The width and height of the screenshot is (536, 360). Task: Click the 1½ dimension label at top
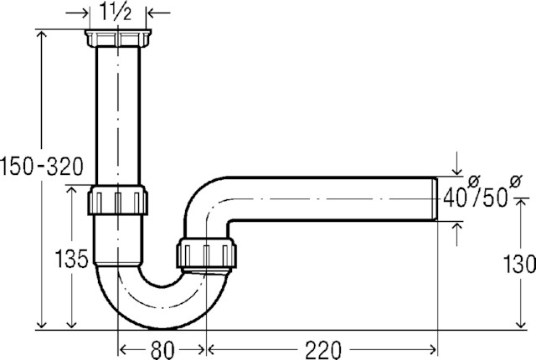click(116, 12)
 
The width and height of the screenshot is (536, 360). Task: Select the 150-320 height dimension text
click(42, 167)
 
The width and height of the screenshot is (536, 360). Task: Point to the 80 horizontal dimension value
click(162, 350)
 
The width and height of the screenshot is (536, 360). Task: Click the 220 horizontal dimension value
click(323, 350)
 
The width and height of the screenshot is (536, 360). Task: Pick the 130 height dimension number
click(519, 264)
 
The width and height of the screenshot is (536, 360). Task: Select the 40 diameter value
click(455, 198)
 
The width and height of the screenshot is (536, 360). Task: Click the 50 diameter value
click(495, 198)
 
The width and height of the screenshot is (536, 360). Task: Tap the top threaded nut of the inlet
click(118, 38)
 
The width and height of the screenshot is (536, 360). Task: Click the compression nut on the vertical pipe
click(118, 200)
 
